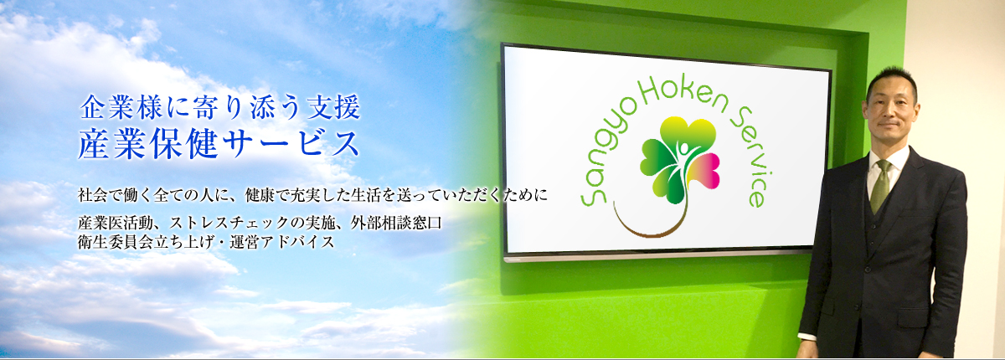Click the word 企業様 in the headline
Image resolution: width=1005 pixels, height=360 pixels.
pos(121,108)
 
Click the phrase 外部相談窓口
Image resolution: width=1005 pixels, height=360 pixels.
pos(397,223)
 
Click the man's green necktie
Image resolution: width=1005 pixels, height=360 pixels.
pos(881,186)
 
